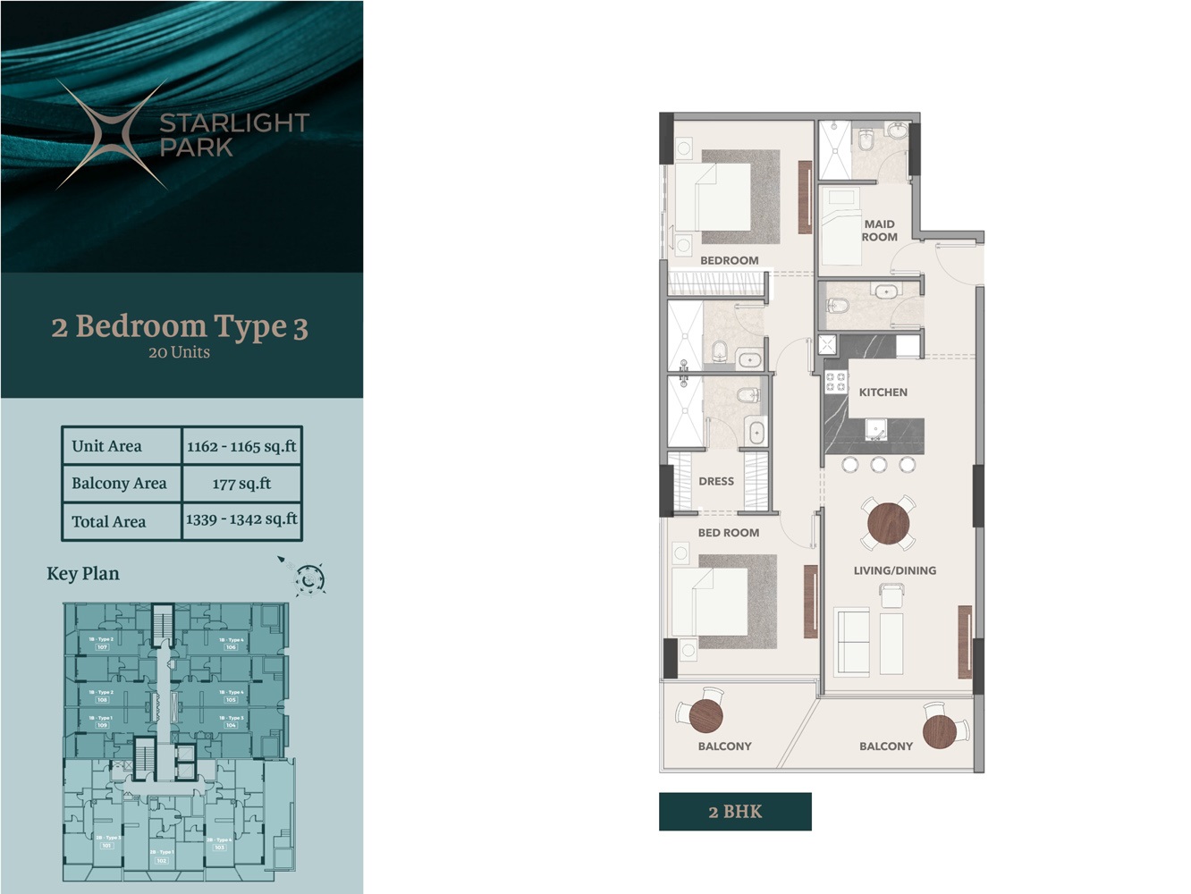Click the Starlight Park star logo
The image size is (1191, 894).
(x=113, y=135)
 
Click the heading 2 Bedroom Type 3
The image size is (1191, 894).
(x=180, y=327)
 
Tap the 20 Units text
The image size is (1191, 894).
(x=179, y=352)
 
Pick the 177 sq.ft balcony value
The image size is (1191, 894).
(x=241, y=484)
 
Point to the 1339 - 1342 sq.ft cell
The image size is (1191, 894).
(x=241, y=520)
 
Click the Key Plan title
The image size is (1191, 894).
(x=83, y=574)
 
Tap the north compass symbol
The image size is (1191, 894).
(x=309, y=579)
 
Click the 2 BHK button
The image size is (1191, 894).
(x=735, y=812)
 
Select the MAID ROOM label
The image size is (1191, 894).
(x=879, y=231)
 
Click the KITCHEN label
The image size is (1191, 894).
(x=883, y=392)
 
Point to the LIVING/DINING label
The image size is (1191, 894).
(x=894, y=570)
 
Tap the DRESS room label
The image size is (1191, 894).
(x=716, y=481)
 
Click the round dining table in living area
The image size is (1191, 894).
(x=888, y=523)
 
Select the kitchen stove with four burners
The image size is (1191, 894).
(x=835, y=382)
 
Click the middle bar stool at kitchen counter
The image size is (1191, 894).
(x=878, y=465)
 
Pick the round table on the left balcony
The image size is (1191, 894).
(x=705, y=714)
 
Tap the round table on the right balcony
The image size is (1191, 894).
(x=940, y=730)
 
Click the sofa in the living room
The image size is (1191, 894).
(x=851, y=641)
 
